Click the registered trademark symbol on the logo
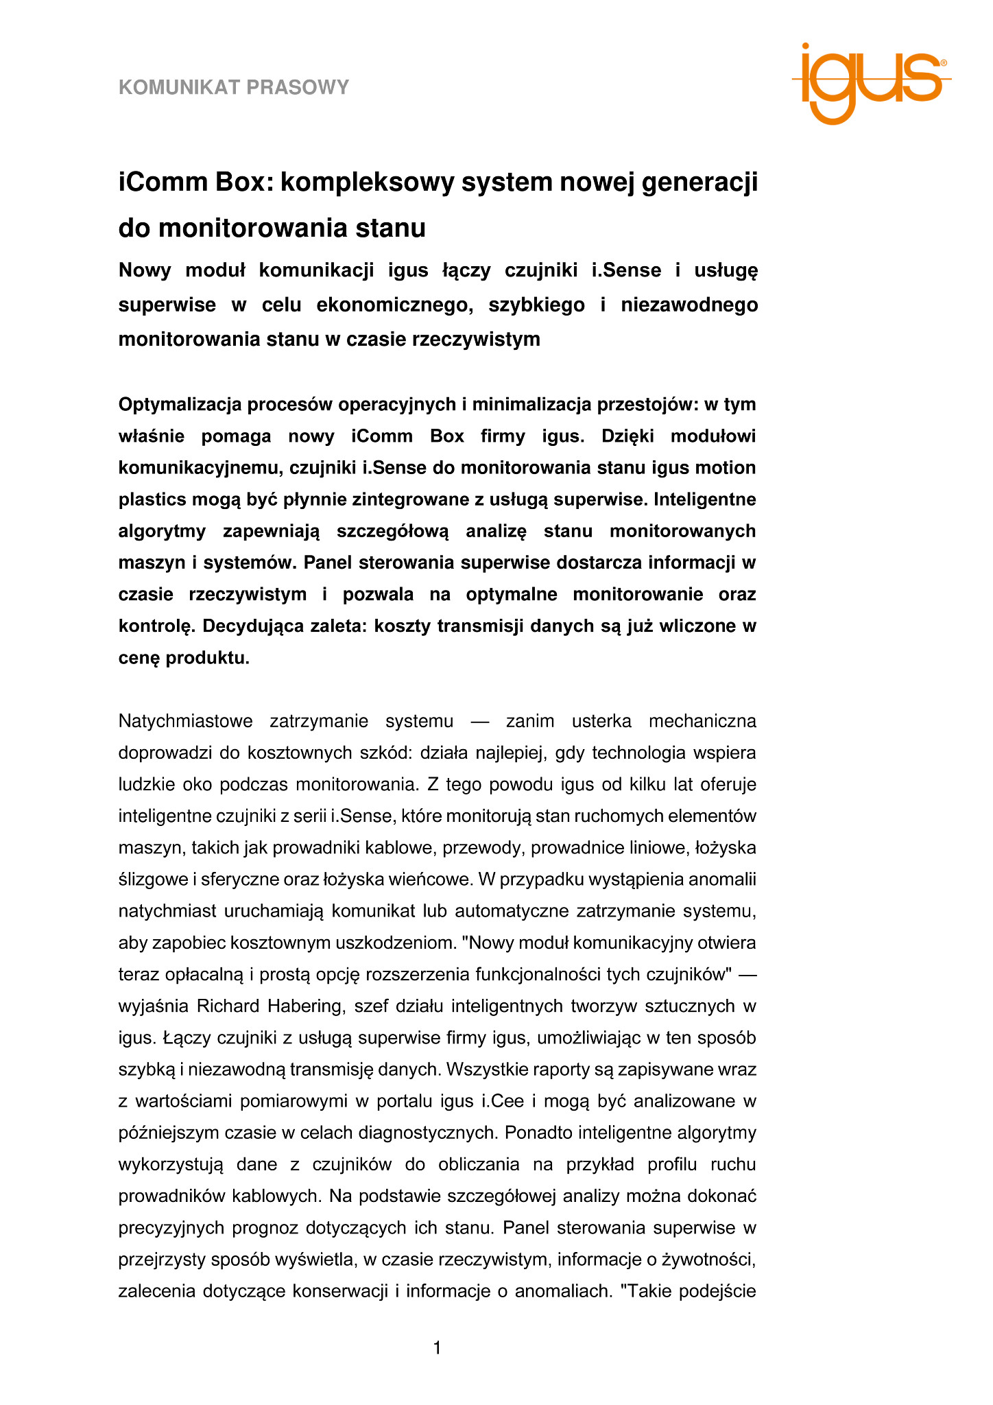944,62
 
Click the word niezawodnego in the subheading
689,305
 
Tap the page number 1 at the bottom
438,1349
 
